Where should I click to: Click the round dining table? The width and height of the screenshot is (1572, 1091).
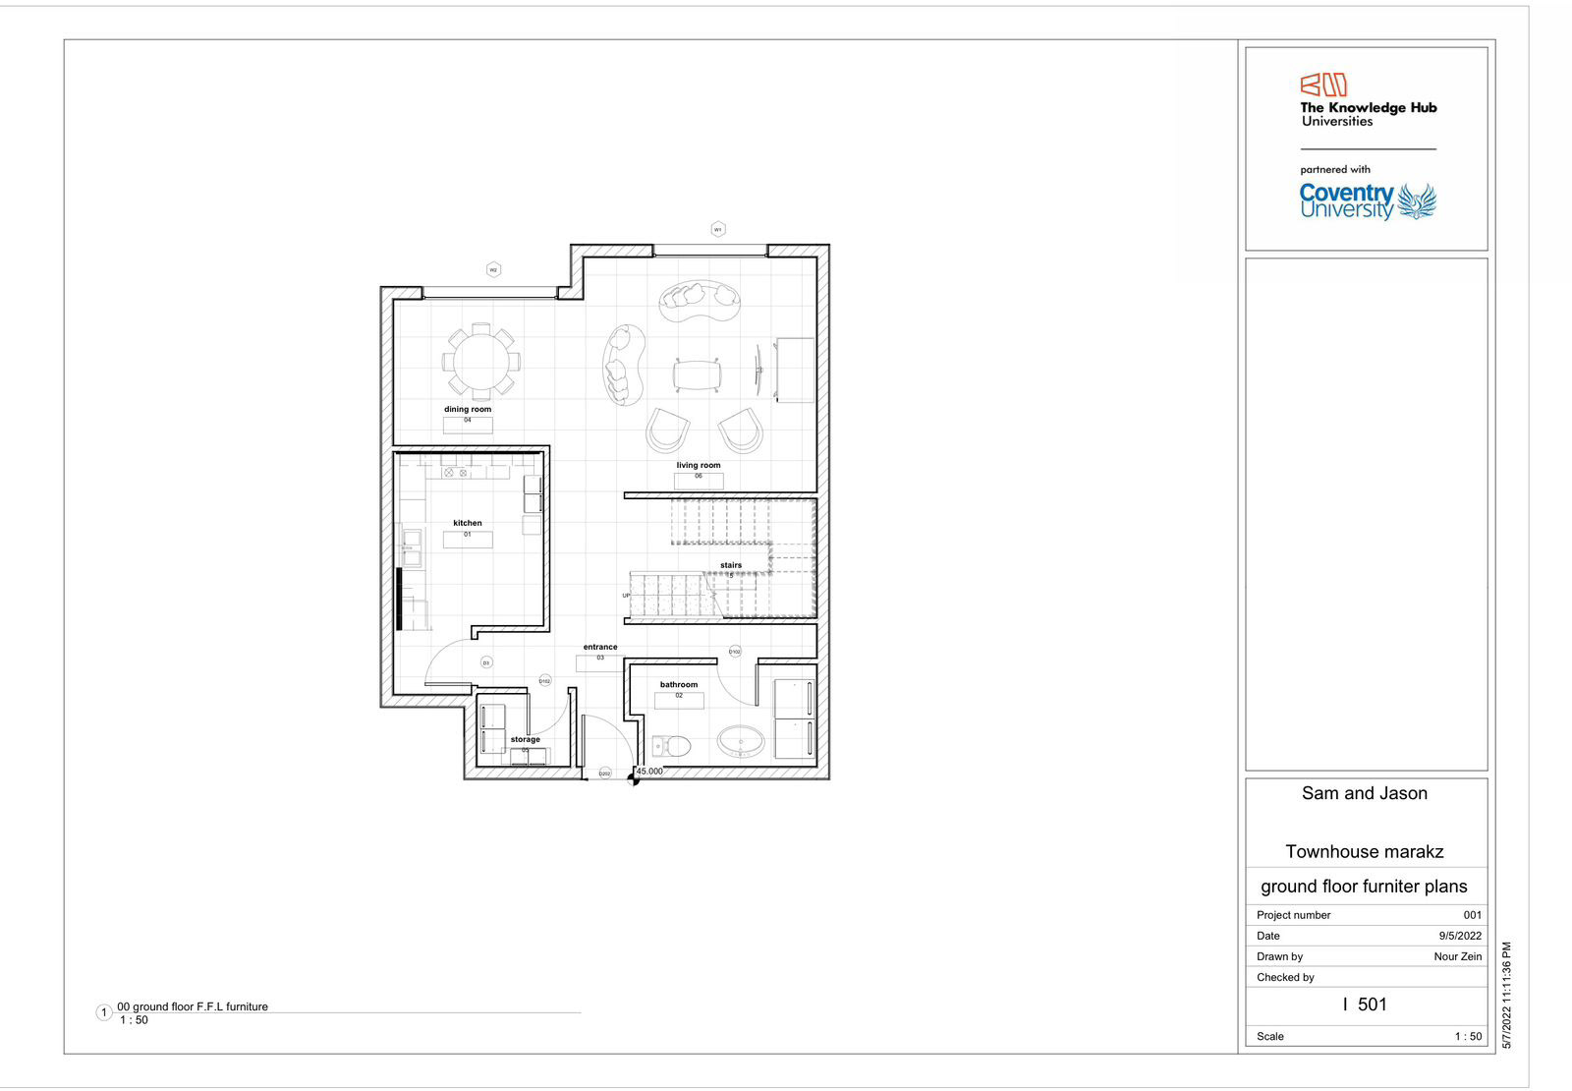(x=480, y=361)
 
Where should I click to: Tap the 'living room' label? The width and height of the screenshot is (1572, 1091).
(x=699, y=465)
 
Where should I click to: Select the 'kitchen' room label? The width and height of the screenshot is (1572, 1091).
(x=468, y=523)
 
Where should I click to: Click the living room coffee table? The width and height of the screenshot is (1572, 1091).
(x=699, y=374)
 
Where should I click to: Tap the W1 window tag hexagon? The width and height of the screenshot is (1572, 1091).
(x=718, y=229)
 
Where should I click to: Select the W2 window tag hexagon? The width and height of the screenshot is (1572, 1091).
(x=493, y=269)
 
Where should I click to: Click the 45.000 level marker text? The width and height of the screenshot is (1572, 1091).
(x=649, y=772)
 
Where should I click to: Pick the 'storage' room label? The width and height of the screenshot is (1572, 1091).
(x=525, y=739)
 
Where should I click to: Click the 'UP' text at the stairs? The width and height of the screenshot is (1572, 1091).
(x=626, y=596)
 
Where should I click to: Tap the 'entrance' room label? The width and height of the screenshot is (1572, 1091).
(x=600, y=647)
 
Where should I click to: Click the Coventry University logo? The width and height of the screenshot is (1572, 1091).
(x=1367, y=201)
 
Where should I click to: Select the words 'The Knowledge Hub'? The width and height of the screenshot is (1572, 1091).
(x=1368, y=108)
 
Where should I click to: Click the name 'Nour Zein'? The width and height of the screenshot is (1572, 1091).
(x=1457, y=956)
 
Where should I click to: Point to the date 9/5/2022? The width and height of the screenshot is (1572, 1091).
(x=1460, y=936)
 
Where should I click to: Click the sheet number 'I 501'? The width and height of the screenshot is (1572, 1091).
(x=1365, y=1005)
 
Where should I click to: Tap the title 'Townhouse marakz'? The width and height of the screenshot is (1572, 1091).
(x=1365, y=852)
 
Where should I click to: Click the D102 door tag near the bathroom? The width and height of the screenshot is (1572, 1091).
(x=734, y=652)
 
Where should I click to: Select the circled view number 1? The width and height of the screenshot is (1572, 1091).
(x=104, y=1012)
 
